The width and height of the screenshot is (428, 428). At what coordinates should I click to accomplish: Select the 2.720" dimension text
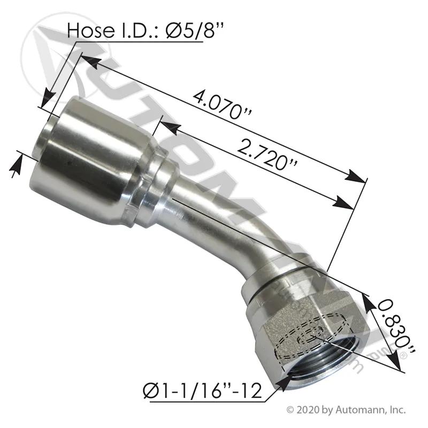click(266, 155)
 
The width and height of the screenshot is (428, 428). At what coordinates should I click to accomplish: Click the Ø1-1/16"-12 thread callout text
click(202, 392)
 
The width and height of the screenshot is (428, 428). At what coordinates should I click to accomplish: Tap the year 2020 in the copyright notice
click(306, 410)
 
